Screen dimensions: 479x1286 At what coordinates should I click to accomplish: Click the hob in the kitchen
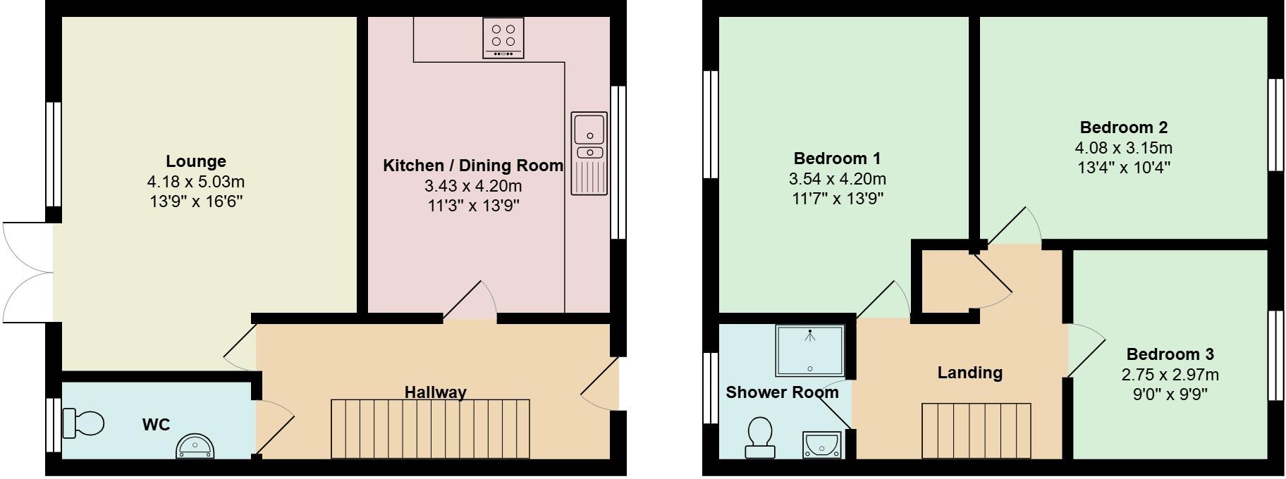(503, 37)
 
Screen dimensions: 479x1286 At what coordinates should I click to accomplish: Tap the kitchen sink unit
(589, 153)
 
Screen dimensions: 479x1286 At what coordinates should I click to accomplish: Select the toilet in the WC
(82, 423)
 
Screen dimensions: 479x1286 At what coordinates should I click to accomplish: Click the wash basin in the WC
(195, 447)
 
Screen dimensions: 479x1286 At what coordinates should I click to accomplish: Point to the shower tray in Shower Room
(809, 350)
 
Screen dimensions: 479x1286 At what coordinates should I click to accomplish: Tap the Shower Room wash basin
(820, 444)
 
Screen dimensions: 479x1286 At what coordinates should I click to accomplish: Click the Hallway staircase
(430, 429)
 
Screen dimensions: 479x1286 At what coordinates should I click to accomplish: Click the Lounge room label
(196, 161)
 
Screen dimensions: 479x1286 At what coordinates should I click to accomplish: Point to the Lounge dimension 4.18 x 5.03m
(196, 182)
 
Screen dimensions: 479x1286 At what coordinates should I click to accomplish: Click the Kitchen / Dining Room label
(472, 166)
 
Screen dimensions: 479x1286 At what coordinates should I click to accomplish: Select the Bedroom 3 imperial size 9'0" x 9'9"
(1170, 394)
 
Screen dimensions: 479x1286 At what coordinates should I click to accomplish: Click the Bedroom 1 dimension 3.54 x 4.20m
(838, 179)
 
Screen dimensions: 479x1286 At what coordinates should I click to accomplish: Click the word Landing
(969, 373)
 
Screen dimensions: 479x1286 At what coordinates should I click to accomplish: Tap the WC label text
(156, 425)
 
